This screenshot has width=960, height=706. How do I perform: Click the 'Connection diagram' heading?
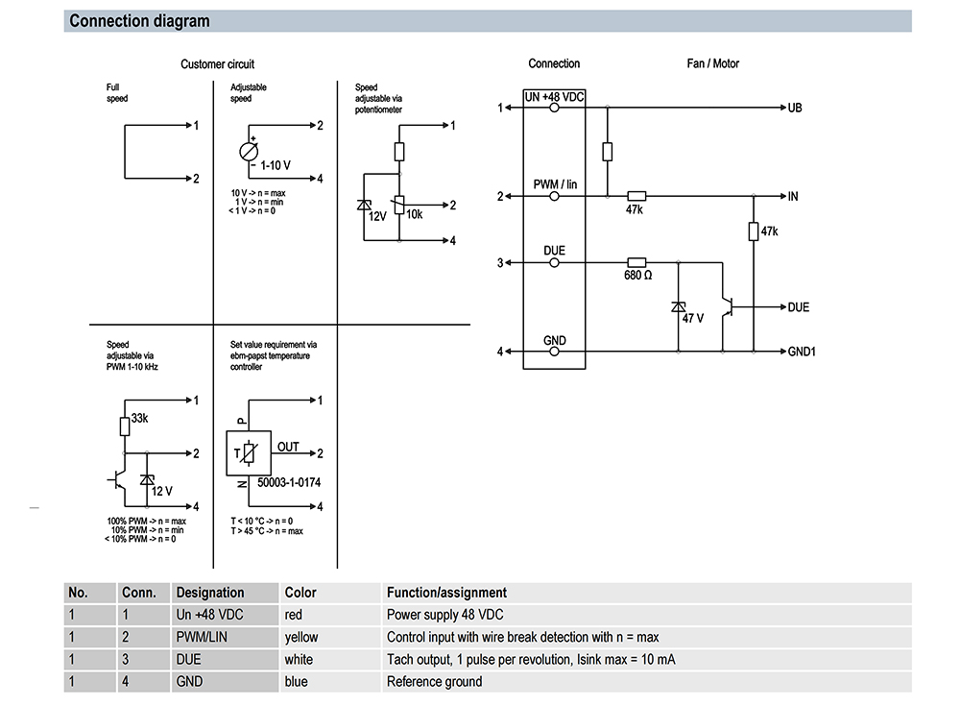139,21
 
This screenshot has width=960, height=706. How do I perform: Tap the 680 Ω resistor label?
638,276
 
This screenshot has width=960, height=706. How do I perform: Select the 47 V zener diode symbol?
679,307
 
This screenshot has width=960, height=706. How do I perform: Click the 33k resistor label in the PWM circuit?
139,418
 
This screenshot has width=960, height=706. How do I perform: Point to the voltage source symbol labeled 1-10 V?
249,152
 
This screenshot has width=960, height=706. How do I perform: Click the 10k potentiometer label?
415,214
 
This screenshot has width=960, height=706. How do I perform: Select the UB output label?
795,108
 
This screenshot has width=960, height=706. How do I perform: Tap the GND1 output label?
802,352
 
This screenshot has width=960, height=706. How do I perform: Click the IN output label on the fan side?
793,197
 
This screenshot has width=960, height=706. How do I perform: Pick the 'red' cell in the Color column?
293,615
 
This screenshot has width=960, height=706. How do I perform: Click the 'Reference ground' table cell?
435,681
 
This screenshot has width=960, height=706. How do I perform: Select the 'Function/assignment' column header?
447,593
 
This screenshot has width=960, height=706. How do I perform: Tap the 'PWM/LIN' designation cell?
202,638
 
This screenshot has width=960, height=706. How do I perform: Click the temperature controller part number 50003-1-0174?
289,482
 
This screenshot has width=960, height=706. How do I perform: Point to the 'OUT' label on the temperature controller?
288,447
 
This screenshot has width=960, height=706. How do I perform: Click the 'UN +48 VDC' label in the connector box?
554,97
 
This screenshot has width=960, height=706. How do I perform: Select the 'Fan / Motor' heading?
712,63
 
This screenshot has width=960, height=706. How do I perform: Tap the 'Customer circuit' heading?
217,64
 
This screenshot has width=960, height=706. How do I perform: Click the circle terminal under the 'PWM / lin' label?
554,197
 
